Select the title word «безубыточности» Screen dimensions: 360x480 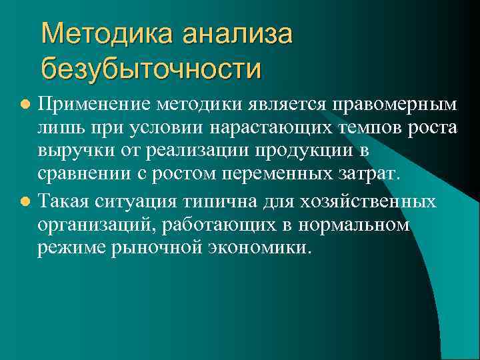[151, 67]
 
